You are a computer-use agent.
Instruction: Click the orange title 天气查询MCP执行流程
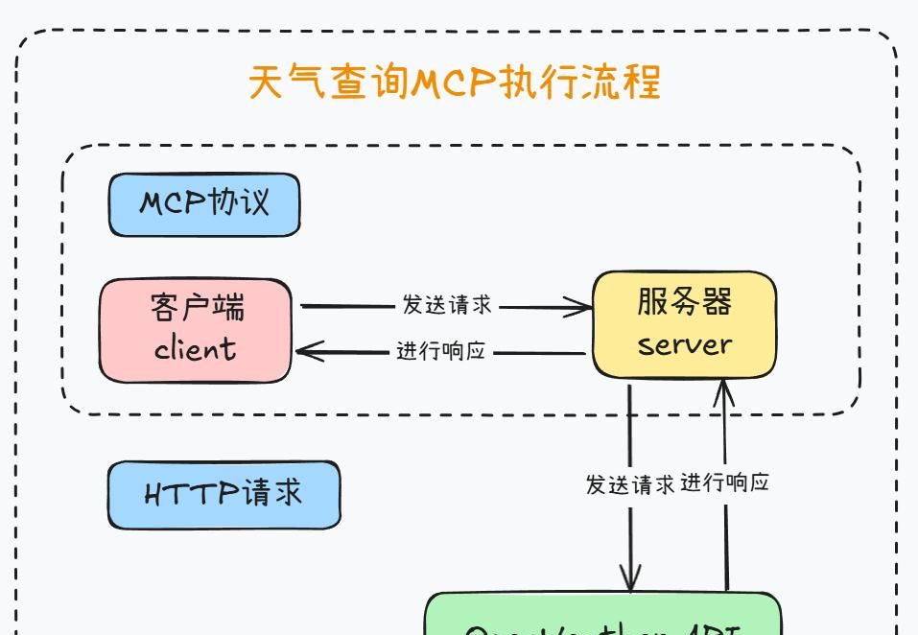tap(455, 82)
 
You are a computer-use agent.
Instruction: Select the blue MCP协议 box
tap(204, 204)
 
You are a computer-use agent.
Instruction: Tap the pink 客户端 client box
tap(195, 330)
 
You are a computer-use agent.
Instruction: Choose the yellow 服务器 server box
tap(684, 324)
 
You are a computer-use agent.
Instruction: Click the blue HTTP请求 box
tap(224, 494)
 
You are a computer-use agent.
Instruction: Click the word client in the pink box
tap(195, 348)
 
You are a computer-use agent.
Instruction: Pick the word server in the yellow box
tap(684, 344)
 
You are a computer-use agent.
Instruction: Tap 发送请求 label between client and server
tap(447, 306)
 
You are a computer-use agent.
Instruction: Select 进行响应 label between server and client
tap(441, 351)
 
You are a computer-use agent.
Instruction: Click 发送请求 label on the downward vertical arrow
tap(629, 484)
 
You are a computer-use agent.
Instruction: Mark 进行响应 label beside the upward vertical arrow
tap(725, 482)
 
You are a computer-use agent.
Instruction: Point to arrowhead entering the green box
tap(630, 581)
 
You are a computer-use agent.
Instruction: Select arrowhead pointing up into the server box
tap(723, 388)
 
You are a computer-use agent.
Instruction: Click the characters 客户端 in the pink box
tap(198, 308)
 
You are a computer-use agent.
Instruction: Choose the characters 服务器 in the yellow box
tap(684, 301)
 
